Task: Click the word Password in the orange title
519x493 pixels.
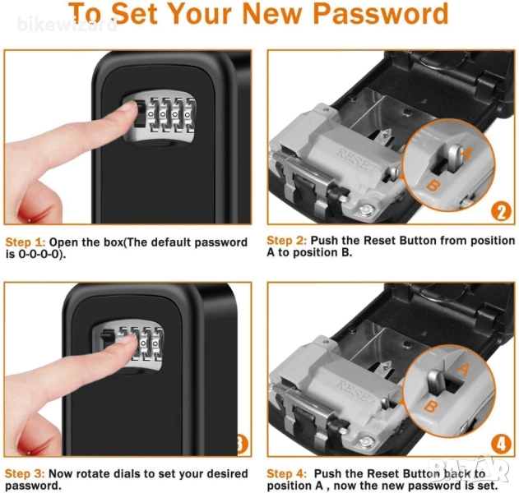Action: [381, 14]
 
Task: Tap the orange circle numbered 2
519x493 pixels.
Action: [501, 212]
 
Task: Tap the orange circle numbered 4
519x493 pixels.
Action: [501, 444]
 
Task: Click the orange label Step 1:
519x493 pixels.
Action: [25, 242]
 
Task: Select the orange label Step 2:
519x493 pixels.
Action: [286, 241]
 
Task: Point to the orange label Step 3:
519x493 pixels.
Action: [25, 474]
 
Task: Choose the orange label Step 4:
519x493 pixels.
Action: [286, 474]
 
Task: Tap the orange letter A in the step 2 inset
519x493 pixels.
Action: [466, 153]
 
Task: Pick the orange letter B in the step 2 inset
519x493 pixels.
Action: [432, 186]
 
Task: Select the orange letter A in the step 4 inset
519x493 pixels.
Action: [463, 370]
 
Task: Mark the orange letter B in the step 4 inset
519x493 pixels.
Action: [431, 406]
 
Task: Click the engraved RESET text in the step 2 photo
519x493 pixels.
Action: [357, 161]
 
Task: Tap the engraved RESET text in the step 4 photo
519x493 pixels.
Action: [357, 393]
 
